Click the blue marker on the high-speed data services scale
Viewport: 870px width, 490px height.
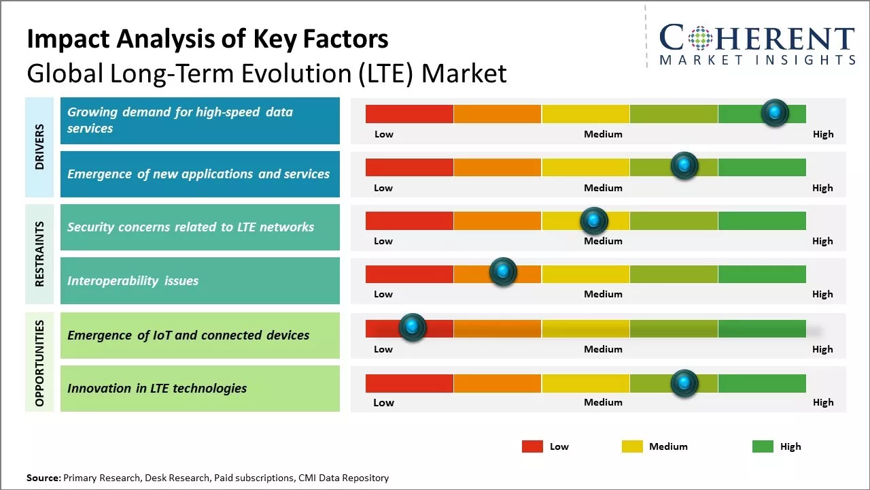(x=775, y=113)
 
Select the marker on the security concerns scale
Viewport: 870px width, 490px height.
(x=594, y=220)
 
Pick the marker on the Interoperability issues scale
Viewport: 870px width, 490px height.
(x=503, y=272)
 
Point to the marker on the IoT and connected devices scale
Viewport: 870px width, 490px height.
(x=412, y=327)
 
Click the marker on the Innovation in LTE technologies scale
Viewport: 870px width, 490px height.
(x=684, y=383)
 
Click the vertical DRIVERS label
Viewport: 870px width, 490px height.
(x=39, y=147)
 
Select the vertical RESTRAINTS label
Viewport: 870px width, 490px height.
(x=39, y=254)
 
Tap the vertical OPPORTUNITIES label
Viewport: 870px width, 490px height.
(x=39, y=363)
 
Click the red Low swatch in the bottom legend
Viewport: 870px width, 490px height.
(x=532, y=446)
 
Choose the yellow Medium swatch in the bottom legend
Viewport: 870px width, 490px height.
(x=632, y=446)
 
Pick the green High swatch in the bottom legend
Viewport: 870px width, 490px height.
(x=763, y=446)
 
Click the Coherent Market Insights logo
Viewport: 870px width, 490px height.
(x=756, y=44)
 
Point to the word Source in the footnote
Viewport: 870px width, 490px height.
(x=43, y=478)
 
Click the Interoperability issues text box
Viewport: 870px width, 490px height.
(x=200, y=280)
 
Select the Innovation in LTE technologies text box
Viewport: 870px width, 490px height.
(x=200, y=389)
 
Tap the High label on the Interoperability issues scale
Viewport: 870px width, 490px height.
(x=822, y=294)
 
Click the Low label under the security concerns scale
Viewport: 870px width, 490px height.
(x=383, y=241)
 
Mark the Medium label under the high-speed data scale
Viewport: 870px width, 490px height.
(x=603, y=134)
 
